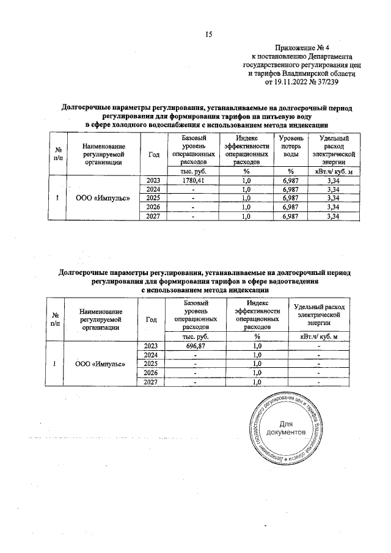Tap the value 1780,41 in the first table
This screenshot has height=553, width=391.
[194, 181]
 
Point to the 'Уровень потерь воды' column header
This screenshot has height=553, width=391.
[291, 147]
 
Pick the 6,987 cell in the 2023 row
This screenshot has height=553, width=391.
[291, 181]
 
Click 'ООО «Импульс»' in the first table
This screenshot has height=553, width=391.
[102, 199]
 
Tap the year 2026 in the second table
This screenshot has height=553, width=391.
[150, 373]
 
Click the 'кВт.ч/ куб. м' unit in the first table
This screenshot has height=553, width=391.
[334, 171]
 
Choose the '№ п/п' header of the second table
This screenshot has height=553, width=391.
[56, 319]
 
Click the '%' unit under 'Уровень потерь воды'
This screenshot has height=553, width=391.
[291, 171]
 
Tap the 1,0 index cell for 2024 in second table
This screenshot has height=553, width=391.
[257, 355]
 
